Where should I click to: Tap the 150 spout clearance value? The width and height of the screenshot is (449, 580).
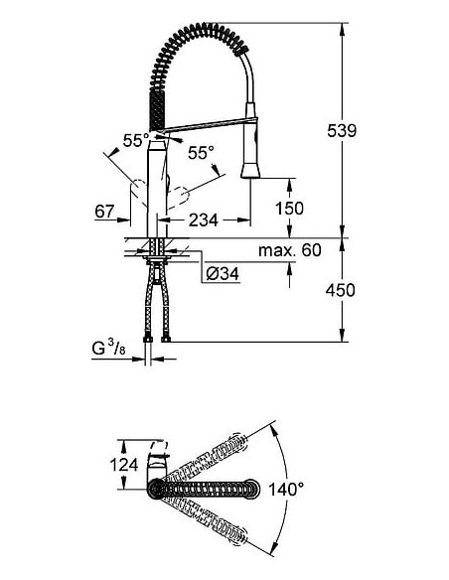(x=289, y=209)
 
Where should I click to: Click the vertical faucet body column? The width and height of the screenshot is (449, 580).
(x=157, y=184)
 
